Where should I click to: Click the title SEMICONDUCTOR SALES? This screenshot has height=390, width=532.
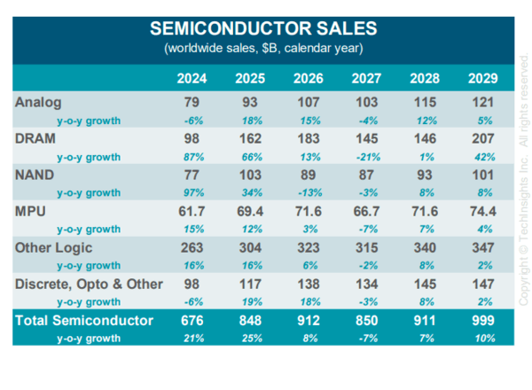[x=263, y=28]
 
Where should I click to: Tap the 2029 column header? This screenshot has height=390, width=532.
[x=482, y=79]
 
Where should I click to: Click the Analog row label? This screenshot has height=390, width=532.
[x=39, y=102]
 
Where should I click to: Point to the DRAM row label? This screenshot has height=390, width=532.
[x=36, y=138]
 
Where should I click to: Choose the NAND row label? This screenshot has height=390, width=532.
[x=36, y=175]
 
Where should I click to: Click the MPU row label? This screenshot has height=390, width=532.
[x=33, y=211]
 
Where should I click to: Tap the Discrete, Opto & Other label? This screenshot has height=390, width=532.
[x=89, y=284]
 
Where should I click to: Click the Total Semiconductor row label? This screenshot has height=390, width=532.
[x=84, y=320]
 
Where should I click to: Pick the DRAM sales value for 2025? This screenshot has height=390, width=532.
[x=250, y=138]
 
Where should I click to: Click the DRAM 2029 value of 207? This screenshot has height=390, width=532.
[x=482, y=138]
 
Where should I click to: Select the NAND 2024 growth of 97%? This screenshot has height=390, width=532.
[x=192, y=191]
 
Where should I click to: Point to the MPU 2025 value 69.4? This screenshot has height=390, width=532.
[x=250, y=211]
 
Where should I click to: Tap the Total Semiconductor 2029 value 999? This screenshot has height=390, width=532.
[x=482, y=320]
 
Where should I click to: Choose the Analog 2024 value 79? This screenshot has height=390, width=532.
[x=192, y=102]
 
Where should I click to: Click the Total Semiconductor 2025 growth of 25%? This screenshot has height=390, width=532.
[x=250, y=338]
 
